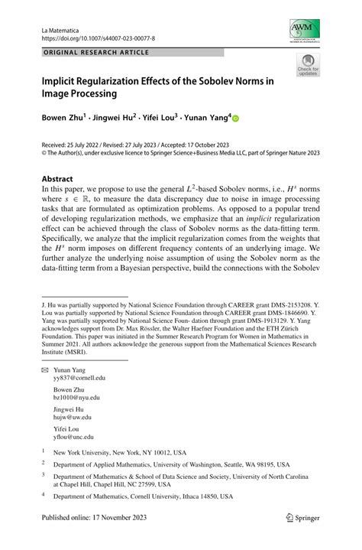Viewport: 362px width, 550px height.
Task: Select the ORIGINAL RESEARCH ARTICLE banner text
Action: pos(95,53)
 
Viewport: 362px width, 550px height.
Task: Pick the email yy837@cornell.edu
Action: pos(79,377)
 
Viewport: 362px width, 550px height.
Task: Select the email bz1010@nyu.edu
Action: pos(76,397)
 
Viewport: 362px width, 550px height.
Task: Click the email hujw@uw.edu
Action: pos(73,417)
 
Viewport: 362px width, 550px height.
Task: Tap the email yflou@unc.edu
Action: pos(74,437)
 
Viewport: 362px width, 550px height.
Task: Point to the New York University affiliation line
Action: pos(119,452)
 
